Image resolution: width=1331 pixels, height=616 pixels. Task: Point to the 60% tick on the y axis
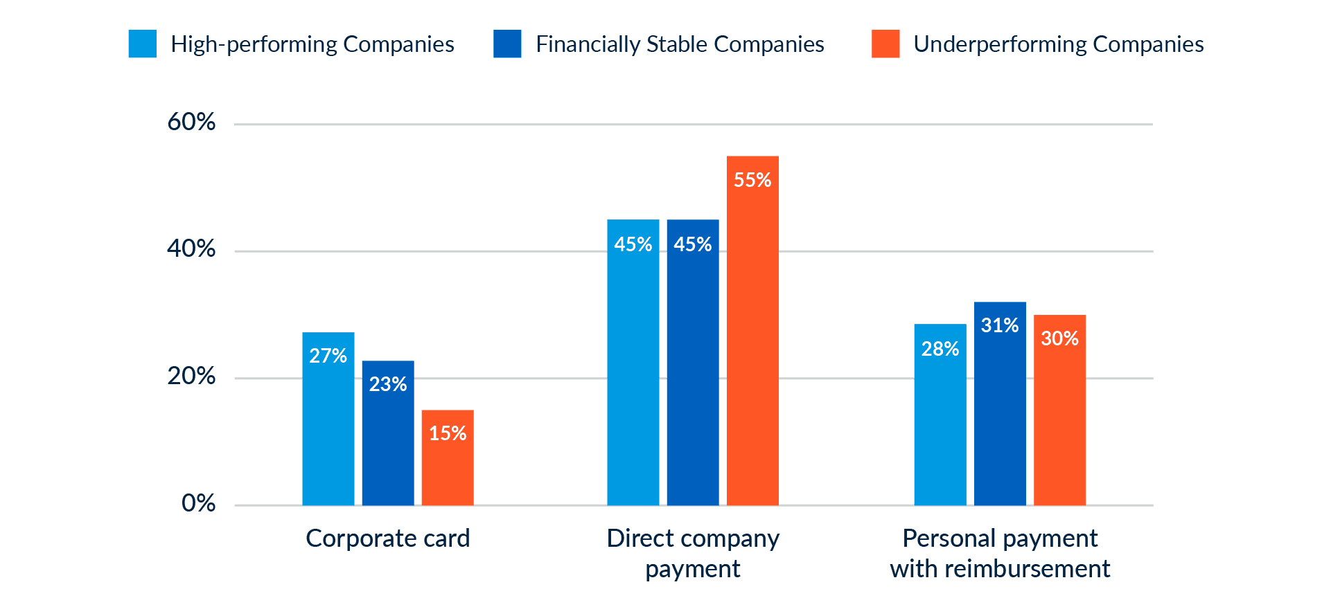point(191,123)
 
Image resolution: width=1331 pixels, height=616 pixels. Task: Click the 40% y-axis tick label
point(191,249)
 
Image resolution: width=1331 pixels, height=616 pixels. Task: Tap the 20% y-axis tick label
point(191,377)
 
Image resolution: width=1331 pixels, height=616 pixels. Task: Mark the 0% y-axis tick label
point(198,503)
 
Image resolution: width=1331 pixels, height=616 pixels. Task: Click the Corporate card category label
point(387,538)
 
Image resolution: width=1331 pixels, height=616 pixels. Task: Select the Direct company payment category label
point(693,553)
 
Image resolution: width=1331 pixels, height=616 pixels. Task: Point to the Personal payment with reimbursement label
point(1000,553)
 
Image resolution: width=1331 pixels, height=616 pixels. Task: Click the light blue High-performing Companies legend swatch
point(143,44)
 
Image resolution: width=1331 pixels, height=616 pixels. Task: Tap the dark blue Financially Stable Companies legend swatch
point(507,44)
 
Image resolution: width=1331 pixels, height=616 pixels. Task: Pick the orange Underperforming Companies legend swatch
point(885,44)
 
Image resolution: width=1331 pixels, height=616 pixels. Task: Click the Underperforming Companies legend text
point(1058,44)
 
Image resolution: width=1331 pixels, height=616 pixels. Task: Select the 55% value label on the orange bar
point(752,180)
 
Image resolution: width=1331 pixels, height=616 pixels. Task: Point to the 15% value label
point(448,433)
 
